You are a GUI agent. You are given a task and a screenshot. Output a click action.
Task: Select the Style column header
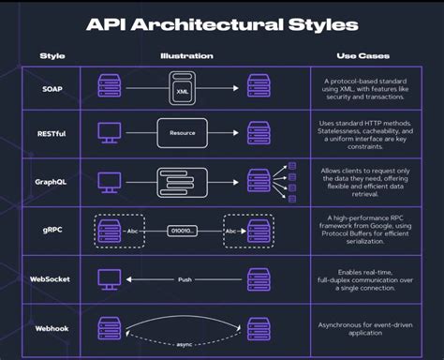[52, 56]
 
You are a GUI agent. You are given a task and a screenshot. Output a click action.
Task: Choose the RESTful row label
[52, 133]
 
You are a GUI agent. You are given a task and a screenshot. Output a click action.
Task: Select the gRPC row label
[52, 229]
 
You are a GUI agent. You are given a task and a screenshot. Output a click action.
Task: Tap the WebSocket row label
[52, 278]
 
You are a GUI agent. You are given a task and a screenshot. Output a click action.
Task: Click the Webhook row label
[52, 328]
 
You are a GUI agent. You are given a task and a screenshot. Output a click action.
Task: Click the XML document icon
[183, 91]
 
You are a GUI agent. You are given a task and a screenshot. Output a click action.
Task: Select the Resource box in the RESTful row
[183, 133]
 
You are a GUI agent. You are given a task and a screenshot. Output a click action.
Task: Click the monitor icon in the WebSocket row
[110, 279]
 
